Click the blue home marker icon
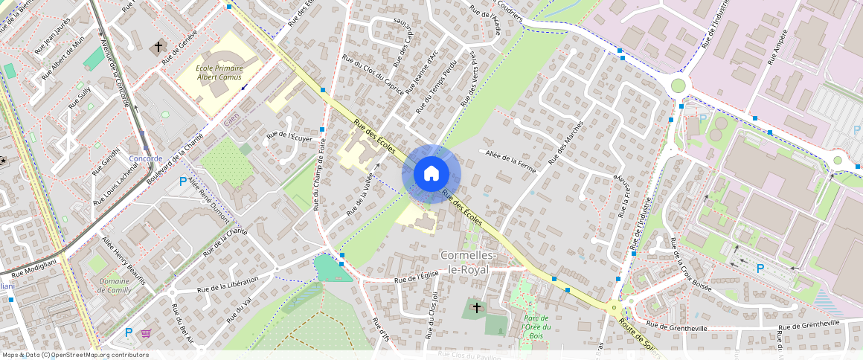pyautogui.click(x=431, y=174)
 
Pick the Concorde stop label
pyautogui.click(x=145, y=158)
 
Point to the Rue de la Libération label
pyautogui.click(x=227, y=284)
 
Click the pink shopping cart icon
pyautogui.click(x=146, y=333)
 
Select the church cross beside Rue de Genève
pyautogui.click(x=158, y=48)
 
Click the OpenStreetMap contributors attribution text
pyautogui.click(x=75, y=355)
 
